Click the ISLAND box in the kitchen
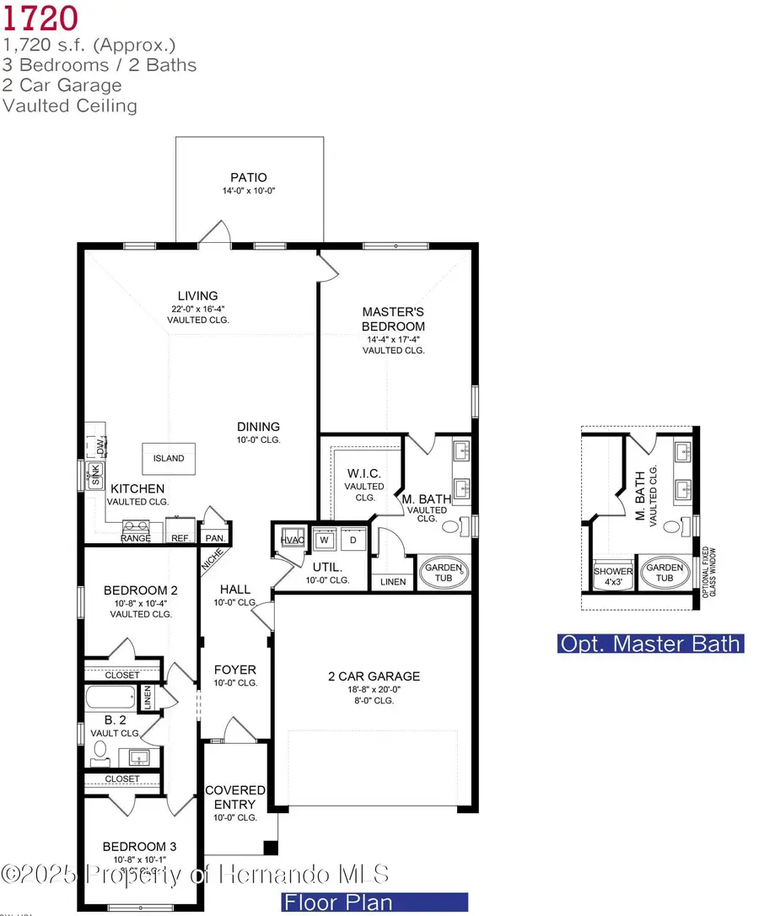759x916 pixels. [169, 458]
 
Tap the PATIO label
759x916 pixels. [249, 177]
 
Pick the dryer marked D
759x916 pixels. [353, 539]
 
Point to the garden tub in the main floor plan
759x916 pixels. [443, 573]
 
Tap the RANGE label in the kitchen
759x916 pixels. [136, 537]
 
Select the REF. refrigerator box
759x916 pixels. [180, 537]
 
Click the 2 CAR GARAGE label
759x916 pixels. [374, 676]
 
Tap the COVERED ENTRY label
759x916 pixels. [235, 797]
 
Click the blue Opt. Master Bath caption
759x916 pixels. [650, 644]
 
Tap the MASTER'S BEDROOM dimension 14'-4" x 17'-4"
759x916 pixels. [393, 339]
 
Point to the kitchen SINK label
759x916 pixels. [95, 475]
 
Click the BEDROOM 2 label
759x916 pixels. [140, 590]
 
